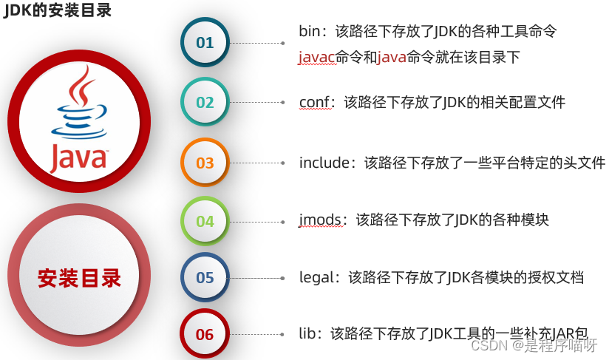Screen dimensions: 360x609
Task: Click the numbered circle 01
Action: [x=205, y=42]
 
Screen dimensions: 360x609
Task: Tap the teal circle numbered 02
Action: [x=205, y=102]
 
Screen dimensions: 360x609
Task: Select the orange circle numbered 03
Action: [x=205, y=163]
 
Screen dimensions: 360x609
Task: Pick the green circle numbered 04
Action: [x=205, y=221]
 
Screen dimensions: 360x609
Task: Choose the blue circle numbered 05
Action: [x=205, y=278]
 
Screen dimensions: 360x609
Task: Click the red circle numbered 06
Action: [x=205, y=334]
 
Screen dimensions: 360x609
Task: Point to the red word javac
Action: [x=317, y=57]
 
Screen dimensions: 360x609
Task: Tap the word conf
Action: [x=313, y=102]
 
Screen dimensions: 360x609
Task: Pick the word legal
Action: [x=316, y=277]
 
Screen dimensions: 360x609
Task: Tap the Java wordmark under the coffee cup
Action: [x=78, y=157]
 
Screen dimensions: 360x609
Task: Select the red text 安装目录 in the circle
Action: [x=79, y=278]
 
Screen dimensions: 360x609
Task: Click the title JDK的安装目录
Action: [x=58, y=10]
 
